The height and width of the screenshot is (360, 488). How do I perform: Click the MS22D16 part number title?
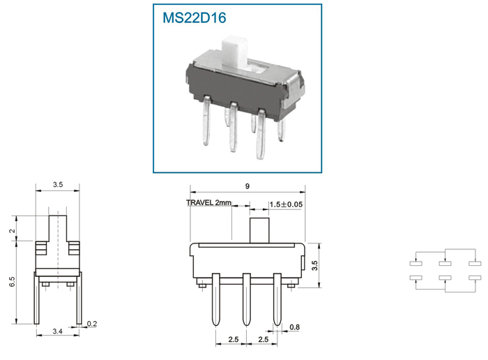(195, 17)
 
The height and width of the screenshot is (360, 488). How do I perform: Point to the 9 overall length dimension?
(247, 186)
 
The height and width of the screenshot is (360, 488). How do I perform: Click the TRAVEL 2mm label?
(209, 203)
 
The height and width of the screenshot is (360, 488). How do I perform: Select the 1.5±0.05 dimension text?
(286, 204)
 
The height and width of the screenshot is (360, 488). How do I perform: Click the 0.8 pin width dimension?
(294, 327)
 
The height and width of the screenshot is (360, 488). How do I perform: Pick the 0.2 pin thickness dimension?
(92, 324)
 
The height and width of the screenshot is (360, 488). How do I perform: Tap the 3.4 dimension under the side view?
(58, 331)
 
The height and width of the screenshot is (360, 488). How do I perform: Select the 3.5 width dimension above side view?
(58, 184)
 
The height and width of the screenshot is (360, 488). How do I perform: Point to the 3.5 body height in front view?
(314, 266)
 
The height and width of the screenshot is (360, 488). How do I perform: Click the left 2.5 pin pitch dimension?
(233, 339)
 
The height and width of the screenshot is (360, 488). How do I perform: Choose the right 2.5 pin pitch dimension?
(264, 339)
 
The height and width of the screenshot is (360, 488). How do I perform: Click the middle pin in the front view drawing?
(247, 299)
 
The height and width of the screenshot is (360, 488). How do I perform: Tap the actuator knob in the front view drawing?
(259, 230)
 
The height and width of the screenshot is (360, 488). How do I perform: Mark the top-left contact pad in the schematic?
(415, 264)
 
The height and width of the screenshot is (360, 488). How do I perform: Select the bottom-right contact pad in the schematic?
(475, 278)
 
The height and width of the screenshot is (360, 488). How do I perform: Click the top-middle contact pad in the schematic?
(445, 264)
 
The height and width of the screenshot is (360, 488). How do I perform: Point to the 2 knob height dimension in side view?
(12, 231)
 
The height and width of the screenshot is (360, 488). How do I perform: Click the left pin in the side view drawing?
(36, 298)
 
